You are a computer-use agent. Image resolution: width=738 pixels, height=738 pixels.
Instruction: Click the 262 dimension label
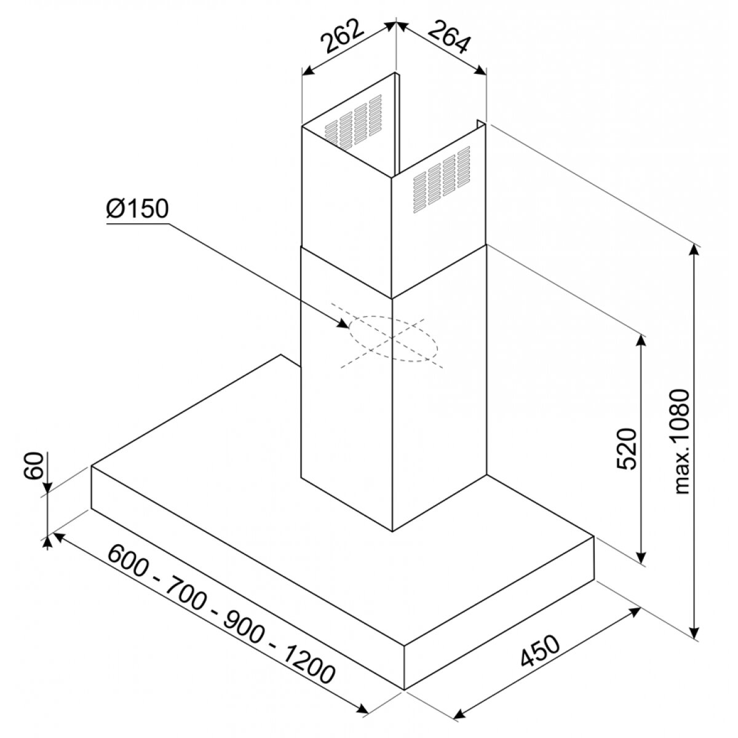pyautogui.click(x=341, y=36)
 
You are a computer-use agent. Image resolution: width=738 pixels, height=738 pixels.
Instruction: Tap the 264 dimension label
pyautogui.click(x=448, y=38)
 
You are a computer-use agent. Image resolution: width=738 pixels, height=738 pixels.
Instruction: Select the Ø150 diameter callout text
pyautogui.click(x=138, y=209)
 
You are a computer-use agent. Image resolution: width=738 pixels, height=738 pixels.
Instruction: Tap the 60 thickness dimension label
pyautogui.click(x=33, y=466)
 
